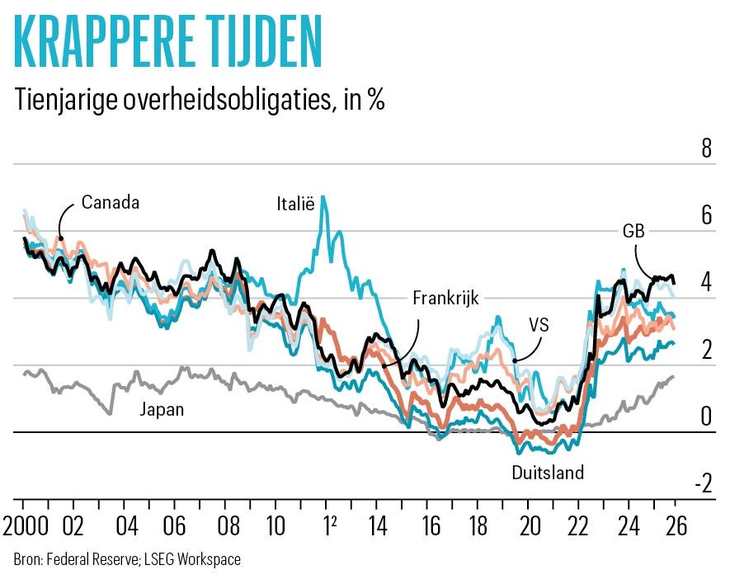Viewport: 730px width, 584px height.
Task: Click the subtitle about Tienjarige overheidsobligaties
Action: pos(199,101)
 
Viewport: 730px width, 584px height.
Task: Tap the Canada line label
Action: pos(111,202)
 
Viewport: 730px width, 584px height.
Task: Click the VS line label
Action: pos(538,325)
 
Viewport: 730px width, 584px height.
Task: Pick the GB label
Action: pos(633,230)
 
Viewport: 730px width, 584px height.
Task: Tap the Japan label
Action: pos(162,408)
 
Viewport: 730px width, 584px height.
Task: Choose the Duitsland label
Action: pos(548,473)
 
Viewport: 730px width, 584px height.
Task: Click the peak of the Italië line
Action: pos(323,196)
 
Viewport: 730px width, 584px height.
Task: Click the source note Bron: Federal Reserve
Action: pos(127,560)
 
